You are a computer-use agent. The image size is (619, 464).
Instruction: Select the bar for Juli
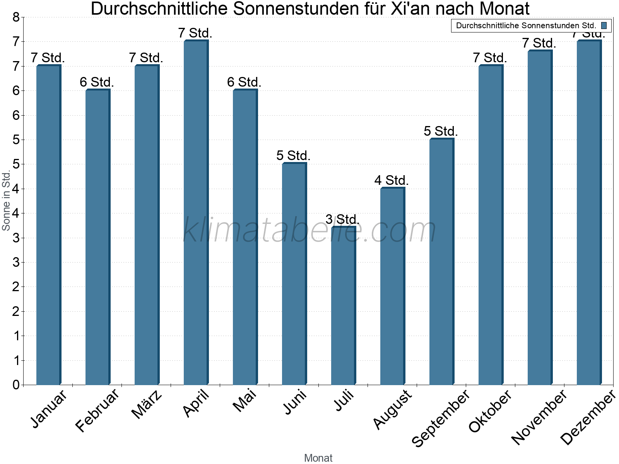tap(343, 305)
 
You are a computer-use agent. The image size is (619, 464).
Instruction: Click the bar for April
tap(195, 213)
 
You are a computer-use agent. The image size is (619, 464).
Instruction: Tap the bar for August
tap(392, 286)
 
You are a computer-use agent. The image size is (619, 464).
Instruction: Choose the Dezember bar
tap(588, 213)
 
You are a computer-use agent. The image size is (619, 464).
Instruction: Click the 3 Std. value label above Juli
tap(343, 220)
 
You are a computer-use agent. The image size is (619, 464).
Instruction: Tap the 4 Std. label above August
tap(392, 181)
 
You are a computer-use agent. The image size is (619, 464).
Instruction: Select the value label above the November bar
tap(539, 43)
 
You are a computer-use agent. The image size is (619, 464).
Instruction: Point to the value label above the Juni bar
tap(294, 156)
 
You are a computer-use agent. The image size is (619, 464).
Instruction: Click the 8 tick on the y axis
tap(16, 17)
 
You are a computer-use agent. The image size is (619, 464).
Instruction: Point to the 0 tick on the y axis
tap(16, 385)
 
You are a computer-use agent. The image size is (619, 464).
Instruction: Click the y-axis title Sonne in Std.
tap(6, 201)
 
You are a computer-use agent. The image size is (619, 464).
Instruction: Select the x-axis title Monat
tap(318, 458)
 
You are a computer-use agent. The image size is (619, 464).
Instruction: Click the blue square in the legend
tap(604, 26)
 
